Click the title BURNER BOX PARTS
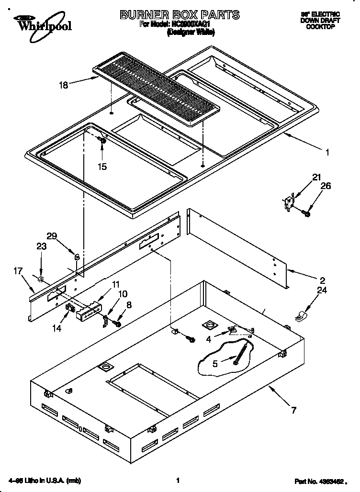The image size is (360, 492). pos(180,15)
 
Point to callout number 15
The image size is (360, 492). pos(102,167)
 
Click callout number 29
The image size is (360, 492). pos(52,235)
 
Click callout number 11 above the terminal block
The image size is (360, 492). pos(116,284)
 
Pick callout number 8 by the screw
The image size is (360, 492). pos(129,304)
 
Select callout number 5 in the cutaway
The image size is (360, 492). pos(215,364)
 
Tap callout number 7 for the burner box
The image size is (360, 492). pos(293,410)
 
